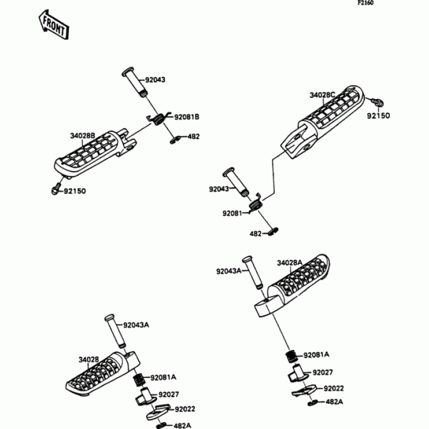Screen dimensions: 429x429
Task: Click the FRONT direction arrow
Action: click(53, 26)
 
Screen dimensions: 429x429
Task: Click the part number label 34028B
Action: click(83, 136)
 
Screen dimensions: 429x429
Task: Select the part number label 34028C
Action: click(322, 95)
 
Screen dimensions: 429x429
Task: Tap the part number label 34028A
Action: click(290, 262)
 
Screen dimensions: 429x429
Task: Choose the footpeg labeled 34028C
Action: click(322, 121)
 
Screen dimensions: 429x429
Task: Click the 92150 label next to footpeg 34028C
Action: click(378, 116)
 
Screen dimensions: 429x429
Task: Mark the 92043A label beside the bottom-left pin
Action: click(136, 325)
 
